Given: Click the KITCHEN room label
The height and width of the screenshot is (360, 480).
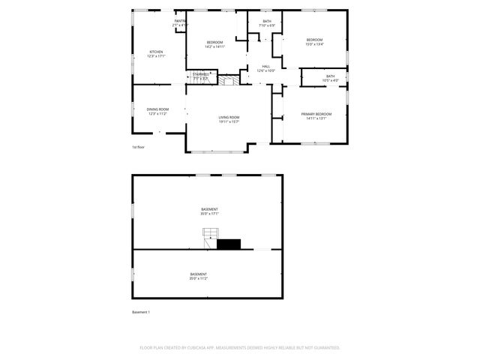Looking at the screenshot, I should point(157,52).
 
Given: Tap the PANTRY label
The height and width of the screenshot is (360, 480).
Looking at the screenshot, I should point(180,21).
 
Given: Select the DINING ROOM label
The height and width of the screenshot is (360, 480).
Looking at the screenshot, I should point(157,109).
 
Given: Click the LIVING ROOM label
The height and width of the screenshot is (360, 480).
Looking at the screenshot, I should point(229,117).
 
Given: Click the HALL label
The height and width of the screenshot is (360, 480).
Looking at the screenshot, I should point(265,67).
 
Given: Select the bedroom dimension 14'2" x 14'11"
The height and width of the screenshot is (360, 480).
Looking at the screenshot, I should point(214,46).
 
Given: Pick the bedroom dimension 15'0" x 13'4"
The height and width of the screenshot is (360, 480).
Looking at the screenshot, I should point(314,43).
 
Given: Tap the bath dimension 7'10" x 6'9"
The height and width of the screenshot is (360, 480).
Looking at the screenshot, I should point(267,25).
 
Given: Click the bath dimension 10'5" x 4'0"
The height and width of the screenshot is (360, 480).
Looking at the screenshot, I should point(329,80).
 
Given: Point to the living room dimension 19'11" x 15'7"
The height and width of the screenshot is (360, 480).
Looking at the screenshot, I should point(229,121).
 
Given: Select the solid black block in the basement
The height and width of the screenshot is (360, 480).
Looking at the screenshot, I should point(229,243).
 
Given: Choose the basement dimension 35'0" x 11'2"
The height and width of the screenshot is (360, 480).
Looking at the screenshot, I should point(198,278).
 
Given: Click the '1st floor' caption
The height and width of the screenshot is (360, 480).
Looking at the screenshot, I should point(139,147).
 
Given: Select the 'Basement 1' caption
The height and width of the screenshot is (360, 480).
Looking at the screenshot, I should point(141,311).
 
